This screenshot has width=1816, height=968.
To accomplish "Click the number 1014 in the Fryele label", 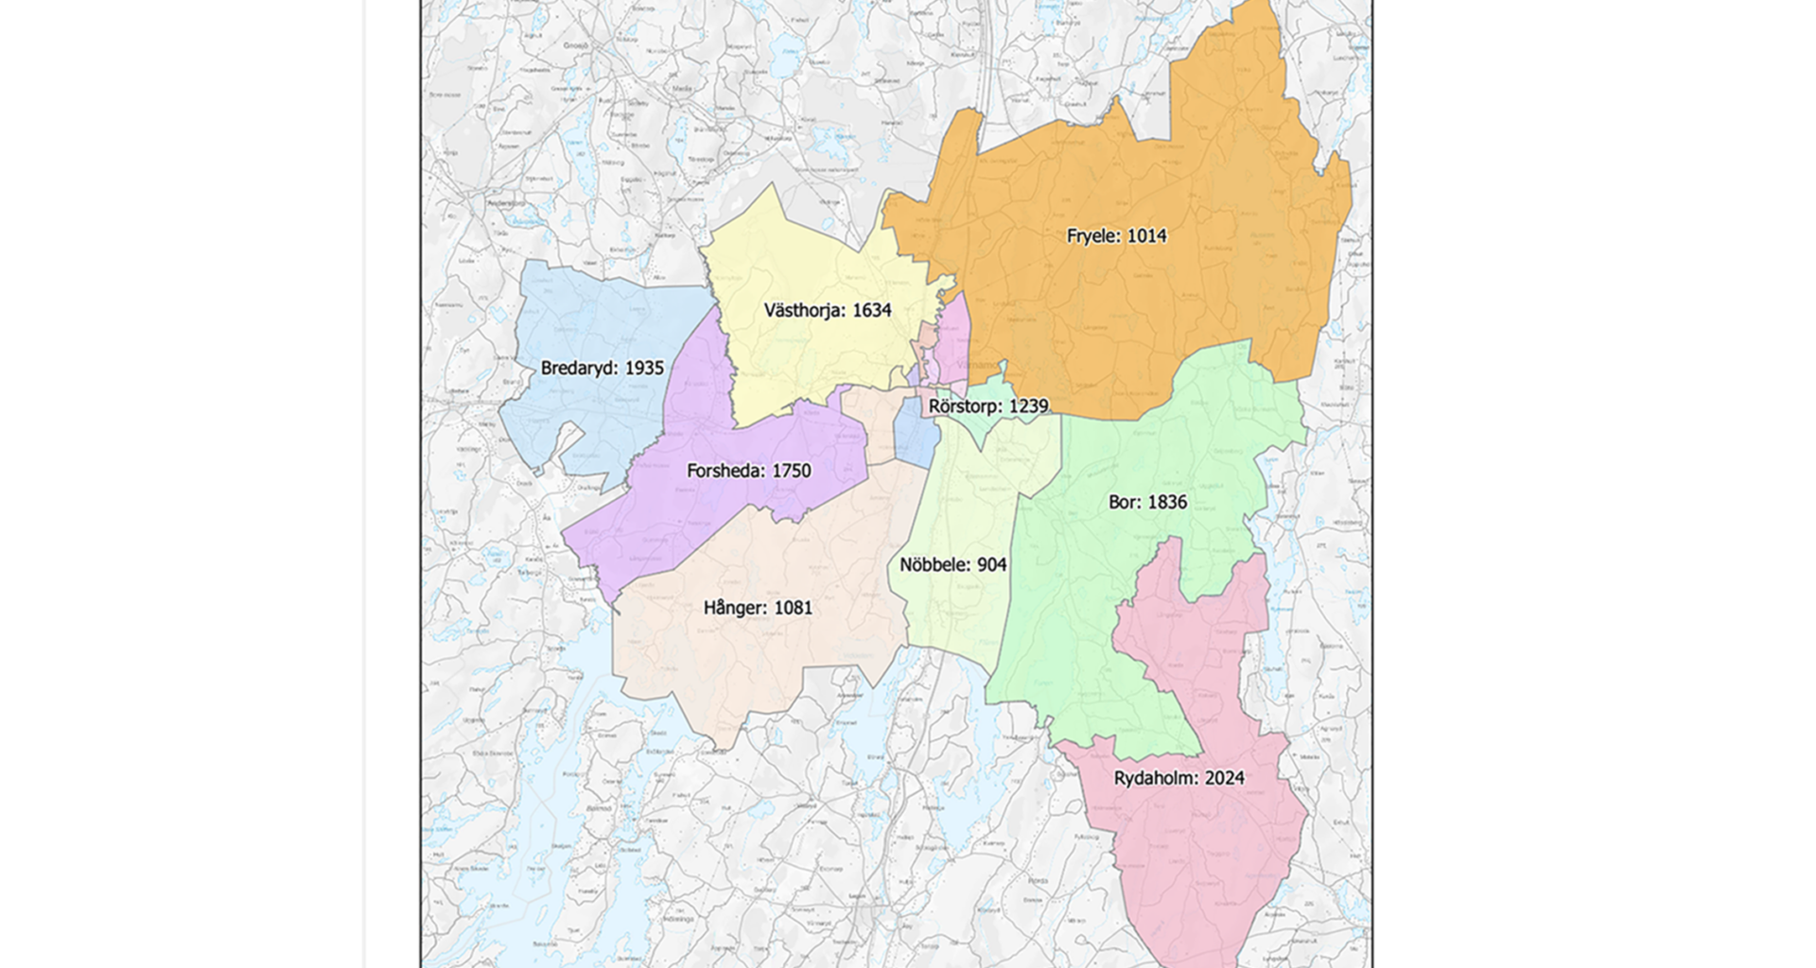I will coord(1145,236).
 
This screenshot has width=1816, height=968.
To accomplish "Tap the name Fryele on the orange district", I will coord(1092,236).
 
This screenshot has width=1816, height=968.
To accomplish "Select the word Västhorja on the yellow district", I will coord(804,310).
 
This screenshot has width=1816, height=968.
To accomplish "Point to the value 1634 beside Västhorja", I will coord(871,310).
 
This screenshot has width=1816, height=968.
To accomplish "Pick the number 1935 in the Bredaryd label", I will coord(644,369).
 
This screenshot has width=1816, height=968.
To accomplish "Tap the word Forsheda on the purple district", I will coord(726,471).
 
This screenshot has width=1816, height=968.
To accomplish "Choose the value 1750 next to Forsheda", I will coord(791,471).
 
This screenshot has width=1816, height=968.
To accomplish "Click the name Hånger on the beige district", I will coord(734,608).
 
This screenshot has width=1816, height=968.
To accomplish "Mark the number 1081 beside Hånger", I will coord(793,608).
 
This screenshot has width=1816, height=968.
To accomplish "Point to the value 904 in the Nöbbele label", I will coord(991,565).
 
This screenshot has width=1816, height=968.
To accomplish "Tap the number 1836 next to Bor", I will coord(1167,503).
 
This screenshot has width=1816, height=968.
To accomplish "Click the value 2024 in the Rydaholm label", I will coord(1225,779).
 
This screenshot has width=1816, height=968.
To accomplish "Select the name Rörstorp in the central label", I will coord(965,406).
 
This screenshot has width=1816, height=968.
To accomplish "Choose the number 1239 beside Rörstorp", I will coord(1028,406).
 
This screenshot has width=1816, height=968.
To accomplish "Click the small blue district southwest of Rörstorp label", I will coord(914,444).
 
